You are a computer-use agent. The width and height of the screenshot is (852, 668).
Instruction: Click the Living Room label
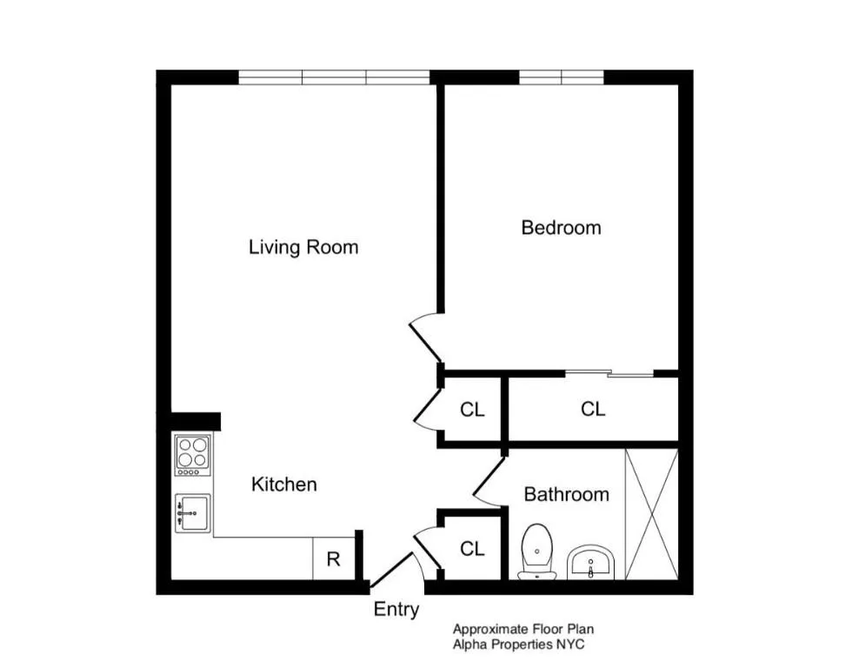click(x=303, y=247)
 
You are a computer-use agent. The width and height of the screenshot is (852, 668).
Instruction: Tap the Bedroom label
click(x=561, y=228)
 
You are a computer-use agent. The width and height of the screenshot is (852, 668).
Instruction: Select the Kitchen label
click(x=283, y=484)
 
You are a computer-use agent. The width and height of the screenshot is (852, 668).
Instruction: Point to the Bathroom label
click(x=566, y=494)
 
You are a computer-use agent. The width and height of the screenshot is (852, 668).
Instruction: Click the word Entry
click(x=396, y=610)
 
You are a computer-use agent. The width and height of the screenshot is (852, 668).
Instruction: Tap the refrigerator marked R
click(x=333, y=559)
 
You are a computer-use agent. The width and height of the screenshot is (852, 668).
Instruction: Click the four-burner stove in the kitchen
click(x=193, y=454)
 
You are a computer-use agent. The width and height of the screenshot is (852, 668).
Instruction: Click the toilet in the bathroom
click(x=537, y=551)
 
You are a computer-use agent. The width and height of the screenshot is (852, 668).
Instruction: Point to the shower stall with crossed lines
click(x=650, y=514)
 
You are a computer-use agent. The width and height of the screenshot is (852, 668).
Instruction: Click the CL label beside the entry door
click(x=472, y=549)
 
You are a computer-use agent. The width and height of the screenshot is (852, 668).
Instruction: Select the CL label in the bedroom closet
click(x=593, y=409)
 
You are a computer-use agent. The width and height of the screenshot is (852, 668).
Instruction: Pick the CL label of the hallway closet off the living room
click(x=472, y=410)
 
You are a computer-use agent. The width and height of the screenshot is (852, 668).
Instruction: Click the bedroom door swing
click(x=425, y=337)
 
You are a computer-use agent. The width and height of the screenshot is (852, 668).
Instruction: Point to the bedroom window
click(x=561, y=77)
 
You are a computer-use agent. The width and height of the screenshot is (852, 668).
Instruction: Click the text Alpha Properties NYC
click(x=518, y=645)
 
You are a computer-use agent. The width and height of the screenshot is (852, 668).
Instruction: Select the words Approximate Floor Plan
click(x=523, y=629)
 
